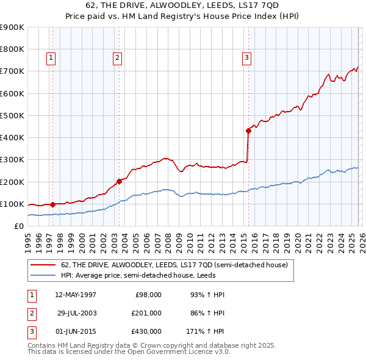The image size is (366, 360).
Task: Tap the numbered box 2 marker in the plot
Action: [x=117, y=58]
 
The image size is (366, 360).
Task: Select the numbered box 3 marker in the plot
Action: [x=246, y=58]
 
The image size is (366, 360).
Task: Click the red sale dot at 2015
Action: [x=248, y=131]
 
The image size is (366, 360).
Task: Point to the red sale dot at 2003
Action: [x=120, y=181]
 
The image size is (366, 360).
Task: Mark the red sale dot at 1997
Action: [x=52, y=204]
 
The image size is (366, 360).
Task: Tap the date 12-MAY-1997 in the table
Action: [x=75, y=295]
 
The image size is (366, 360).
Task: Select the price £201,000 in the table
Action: [x=146, y=312]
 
